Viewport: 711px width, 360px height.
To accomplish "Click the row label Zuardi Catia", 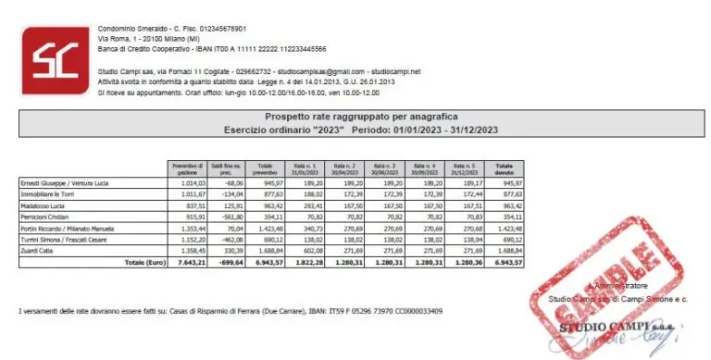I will tap(36, 251).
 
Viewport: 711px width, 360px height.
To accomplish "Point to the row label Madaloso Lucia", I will tap(41, 206).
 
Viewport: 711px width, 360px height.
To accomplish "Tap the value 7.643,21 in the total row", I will tap(189, 263).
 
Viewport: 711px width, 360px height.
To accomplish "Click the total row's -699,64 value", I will tap(227, 263).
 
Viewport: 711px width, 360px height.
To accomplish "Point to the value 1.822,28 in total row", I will tap(312, 263).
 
